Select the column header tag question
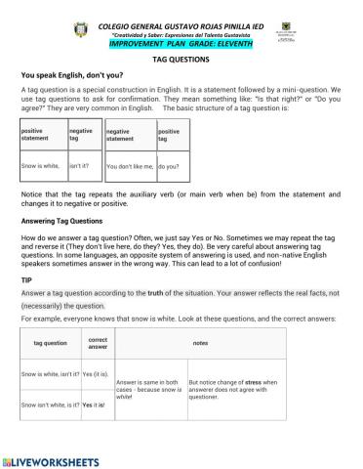click(x=50, y=344)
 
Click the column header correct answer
click(x=98, y=344)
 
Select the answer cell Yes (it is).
click(x=96, y=374)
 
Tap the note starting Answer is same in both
click(x=148, y=389)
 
